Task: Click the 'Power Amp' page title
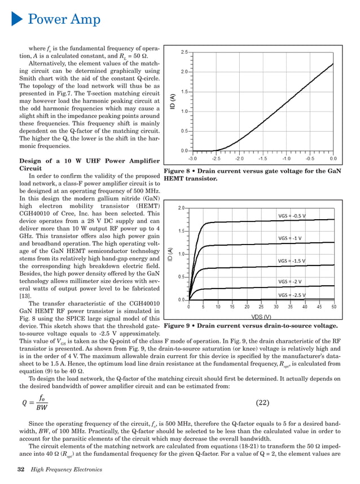click(x=64, y=20)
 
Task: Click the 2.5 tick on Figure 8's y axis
click(x=184, y=52)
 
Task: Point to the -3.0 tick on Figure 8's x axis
click(x=192, y=159)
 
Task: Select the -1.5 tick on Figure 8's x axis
click(x=263, y=159)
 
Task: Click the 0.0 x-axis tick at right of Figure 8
click(x=333, y=159)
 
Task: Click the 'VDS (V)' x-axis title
click(x=261, y=317)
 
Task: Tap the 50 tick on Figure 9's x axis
click(x=333, y=307)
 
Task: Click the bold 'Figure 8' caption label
click(x=179, y=171)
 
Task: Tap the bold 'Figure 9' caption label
click(x=179, y=326)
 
